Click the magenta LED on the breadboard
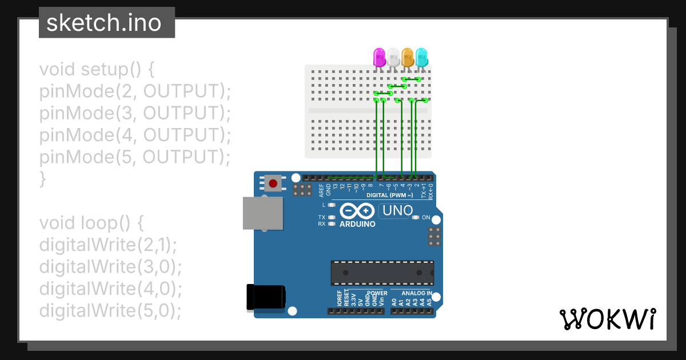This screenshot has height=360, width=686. pyautogui.click(x=379, y=57)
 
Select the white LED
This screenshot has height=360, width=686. pyautogui.click(x=393, y=57)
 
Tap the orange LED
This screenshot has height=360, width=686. pyautogui.click(x=408, y=57)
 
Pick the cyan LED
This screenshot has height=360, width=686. pyautogui.click(x=422, y=57)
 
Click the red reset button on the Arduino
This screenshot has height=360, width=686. pyautogui.click(x=273, y=183)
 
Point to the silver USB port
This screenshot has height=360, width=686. pyautogui.click(x=262, y=214)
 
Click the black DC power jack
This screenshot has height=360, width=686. pyautogui.click(x=264, y=297)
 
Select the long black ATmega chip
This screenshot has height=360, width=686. pyautogui.click(x=382, y=273)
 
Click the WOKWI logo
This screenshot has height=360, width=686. pyautogui.click(x=608, y=319)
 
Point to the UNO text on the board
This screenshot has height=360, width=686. pyautogui.click(x=397, y=211)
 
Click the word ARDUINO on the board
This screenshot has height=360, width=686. pyautogui.click(x=357, y=224)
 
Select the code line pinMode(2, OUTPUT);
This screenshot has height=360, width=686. pyautogui.click(x=135, y=91)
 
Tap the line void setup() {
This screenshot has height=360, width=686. pyautogui.click(x=97, y=70)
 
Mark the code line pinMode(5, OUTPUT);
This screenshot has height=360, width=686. pyautogui.click(x=135, y=157)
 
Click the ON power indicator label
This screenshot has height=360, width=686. pyautogui.click(x=425, y=218)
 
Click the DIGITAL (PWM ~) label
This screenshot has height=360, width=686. pyautogui.click(x=389, y=195)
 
